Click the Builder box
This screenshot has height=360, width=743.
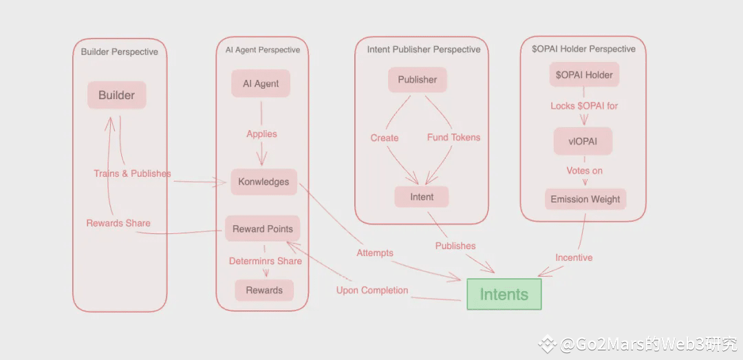click(116, 95)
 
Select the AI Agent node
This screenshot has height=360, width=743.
click(261, 83)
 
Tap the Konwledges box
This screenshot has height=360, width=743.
click(263, 182)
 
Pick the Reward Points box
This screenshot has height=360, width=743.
click(262, 229)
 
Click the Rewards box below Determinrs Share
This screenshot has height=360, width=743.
click(264, 290)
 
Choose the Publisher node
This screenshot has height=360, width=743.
click(417, 79)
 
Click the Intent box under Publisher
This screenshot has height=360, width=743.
click(422, 197)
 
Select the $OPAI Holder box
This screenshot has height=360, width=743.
click(584, 74)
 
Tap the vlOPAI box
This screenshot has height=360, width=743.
click(583, 141)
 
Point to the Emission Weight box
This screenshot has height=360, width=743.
click(585, 199)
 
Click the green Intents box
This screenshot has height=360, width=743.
click(504, 295)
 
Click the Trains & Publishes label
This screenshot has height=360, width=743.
click(132, 173)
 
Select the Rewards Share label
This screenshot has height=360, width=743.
click(118, 223)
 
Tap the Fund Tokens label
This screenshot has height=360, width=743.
click(453, 137)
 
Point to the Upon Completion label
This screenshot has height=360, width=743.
click(372, 290)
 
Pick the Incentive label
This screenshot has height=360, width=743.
click(574, 257)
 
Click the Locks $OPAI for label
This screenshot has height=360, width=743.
click(584, 106)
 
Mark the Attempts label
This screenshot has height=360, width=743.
click(375, 253)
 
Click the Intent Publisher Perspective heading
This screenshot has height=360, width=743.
click(424, 50)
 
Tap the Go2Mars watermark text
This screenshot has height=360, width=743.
click(640, 344)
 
